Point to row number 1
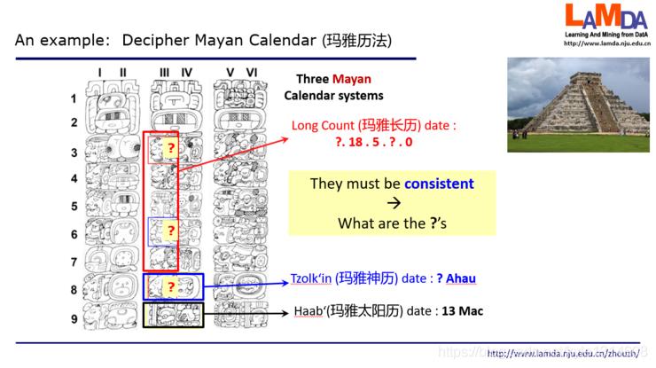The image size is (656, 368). [74, 98]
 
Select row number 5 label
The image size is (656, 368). [74, 206]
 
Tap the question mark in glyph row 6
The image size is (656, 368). [170, 231]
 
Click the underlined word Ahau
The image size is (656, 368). [460, 278]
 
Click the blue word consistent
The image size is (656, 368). [439, 184]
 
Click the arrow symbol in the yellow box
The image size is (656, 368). [391, 204]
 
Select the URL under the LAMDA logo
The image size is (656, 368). [607, 43]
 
